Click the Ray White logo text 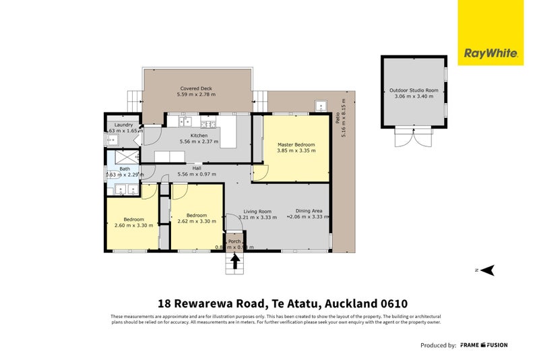[x=490, y=53]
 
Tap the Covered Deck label [x=196, y=88]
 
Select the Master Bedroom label [x=296, y=145]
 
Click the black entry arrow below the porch [x=235, y=262]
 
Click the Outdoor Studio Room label [x=413, y=90]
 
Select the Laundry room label [x=123, y=125]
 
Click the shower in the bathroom [x=125, y=156]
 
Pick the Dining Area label [x=307, y=211]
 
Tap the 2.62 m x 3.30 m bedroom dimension [x=196, y=221]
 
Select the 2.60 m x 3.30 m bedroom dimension [x=133, y=225]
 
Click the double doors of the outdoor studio [x=413, y=139]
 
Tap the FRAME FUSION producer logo [x=484, y=345]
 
